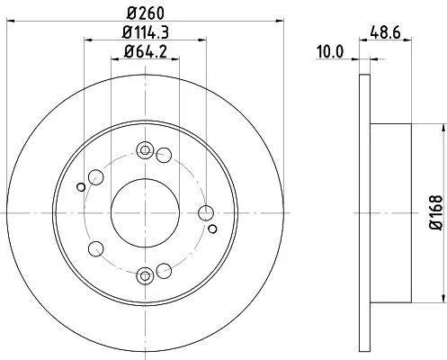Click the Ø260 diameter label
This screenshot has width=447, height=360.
(145, 14)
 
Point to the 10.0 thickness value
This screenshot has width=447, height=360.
(333, 52)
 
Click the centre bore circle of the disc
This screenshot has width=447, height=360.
(145, 212)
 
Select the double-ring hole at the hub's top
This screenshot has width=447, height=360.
(145, 150)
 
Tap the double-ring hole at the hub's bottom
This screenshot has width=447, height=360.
(145, 275)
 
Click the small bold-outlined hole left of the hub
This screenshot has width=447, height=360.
(82, 186)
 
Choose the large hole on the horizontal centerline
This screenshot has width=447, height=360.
(206, 212)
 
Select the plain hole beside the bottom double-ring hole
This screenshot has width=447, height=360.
(164, 271)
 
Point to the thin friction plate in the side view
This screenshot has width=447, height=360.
(363, 212)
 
